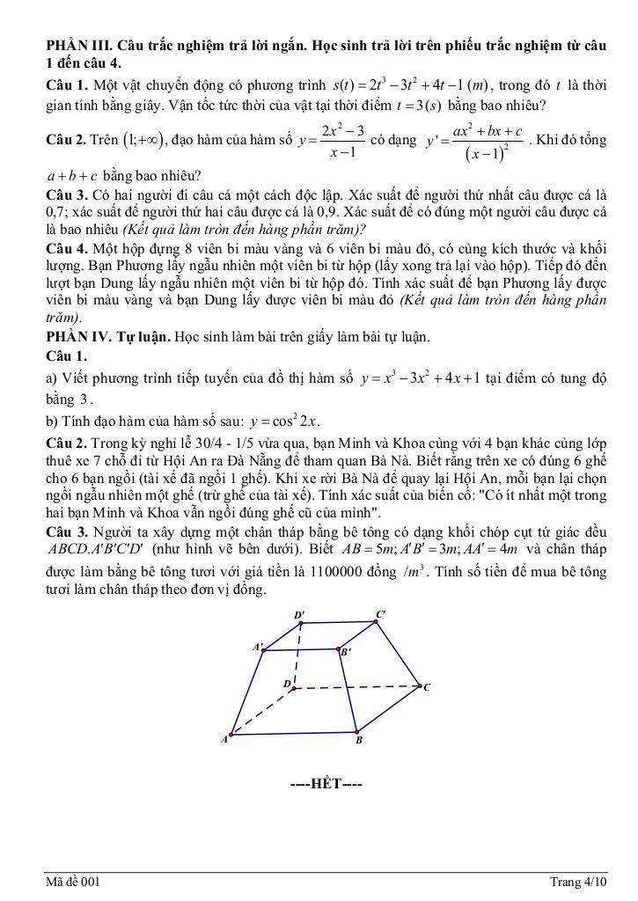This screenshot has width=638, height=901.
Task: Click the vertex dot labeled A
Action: point(231,735)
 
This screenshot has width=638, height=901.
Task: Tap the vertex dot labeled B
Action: point(356,730)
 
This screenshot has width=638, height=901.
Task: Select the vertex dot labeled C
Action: point(419,685)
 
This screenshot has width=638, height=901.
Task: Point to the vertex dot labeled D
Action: point(294,689)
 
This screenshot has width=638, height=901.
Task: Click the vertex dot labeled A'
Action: point(265,651)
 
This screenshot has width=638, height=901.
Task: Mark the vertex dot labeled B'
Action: point(338,649)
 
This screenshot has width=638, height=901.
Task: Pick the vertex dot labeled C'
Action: point(376,622)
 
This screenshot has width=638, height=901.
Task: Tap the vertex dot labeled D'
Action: point(302,623)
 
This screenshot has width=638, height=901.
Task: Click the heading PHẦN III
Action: point(77,45)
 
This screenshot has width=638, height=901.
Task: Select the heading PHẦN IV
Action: point(77,337)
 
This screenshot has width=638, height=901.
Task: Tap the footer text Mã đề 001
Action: point(74,882)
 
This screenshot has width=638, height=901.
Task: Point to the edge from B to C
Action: point(388,708)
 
